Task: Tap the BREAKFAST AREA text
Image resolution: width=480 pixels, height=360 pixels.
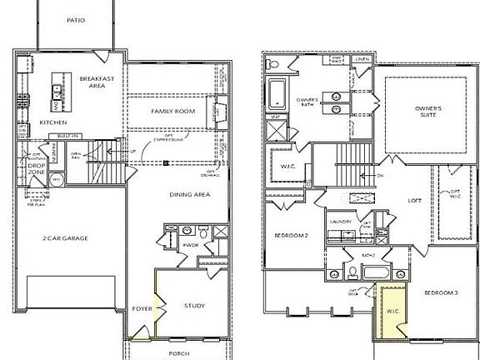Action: point(96,80)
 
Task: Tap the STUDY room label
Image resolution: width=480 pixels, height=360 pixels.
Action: point(195,306)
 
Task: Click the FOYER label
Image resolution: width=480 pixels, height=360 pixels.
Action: point(142,308)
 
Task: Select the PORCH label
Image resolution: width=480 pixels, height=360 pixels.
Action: point(179,353)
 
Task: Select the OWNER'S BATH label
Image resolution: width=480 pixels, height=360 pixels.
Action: point(307,102)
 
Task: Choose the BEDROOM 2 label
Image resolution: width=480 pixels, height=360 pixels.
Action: point(292,236)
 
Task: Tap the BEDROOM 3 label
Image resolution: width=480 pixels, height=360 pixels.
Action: point(441,292)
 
